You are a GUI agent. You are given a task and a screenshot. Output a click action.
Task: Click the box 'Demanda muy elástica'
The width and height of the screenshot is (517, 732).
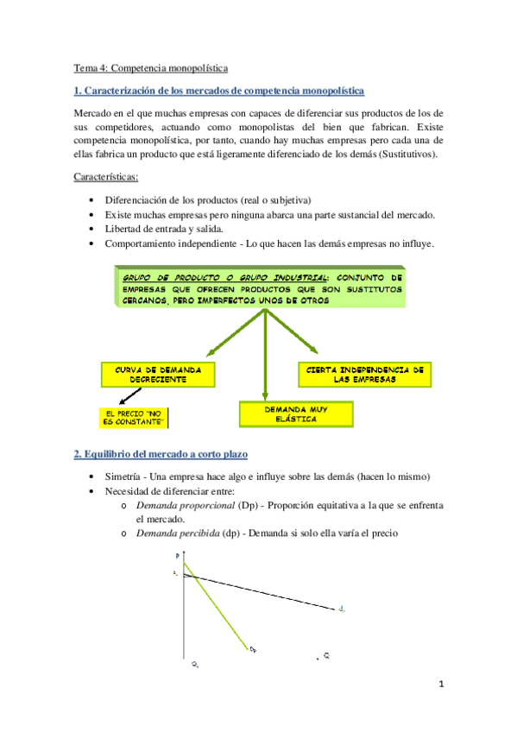click(x=296, y=413)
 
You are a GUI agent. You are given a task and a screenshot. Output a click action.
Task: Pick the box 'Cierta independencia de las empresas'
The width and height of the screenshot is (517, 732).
click(x=363, y=373)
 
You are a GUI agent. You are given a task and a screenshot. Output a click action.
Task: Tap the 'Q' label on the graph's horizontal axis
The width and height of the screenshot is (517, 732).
click(x=327, y=656)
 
